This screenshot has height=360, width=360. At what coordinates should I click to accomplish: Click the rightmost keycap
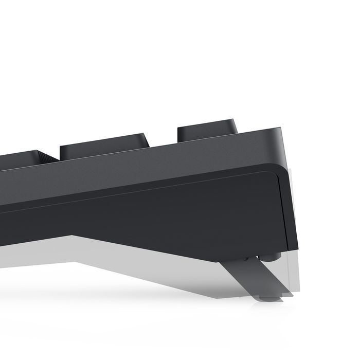point(207,131)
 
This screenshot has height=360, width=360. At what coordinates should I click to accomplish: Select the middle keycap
point(104,146)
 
